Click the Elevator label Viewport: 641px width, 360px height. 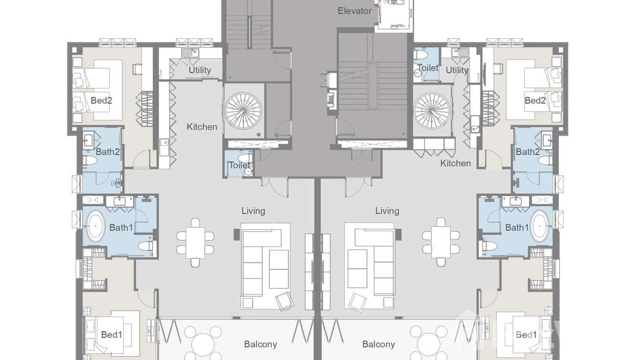(x=354, y=11)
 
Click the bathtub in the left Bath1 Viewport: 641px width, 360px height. (x=96, y=226)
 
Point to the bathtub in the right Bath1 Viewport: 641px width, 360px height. (x=540, y=226)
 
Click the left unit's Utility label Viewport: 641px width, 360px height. (x=200, y=70)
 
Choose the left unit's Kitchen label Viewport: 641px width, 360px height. (x=202, y=127)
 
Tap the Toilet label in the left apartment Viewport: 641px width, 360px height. (x=239, y=165)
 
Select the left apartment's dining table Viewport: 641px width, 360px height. (x=195, y=242)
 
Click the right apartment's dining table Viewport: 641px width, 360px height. (x=441, y=242)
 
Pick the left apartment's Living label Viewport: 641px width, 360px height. (x=253, y=211)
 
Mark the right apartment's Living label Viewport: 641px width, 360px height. (x=387, y=211)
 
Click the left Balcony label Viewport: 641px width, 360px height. (x=260, y=344)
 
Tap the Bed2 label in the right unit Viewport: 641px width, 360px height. (x=535, y=100)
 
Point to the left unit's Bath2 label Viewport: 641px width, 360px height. (x=107, y=152)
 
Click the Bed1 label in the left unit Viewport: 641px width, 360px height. (x=111, y=335)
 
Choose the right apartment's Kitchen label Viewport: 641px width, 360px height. (x=455, y=163)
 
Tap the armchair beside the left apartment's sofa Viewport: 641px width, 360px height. (x=285, y=300)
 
